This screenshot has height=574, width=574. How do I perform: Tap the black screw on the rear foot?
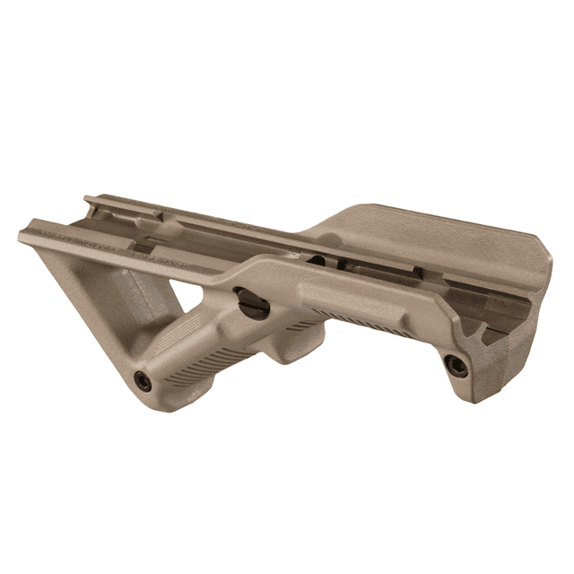click(x=456, y=363)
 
